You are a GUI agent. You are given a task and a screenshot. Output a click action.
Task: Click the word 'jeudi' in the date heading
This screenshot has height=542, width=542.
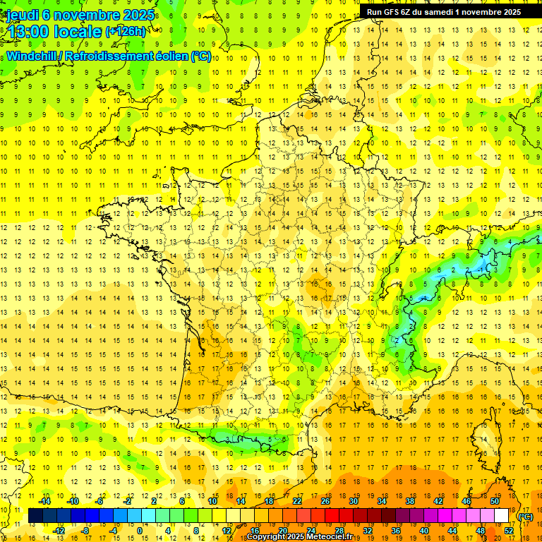point(23,15)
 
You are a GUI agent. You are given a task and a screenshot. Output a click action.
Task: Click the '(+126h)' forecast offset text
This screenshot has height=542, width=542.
point(126,32)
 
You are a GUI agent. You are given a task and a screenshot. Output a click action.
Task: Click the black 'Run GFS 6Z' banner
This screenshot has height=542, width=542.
point(444,11)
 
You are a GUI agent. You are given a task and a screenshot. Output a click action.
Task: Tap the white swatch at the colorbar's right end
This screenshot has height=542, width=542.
point(502,516)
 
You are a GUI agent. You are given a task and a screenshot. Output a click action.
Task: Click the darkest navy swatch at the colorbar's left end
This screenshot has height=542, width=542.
point(35,516)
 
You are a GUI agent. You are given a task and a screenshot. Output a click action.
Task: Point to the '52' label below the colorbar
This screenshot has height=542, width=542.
point(509,531)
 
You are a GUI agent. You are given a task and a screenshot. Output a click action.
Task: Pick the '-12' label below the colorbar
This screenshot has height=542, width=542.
point(59,531)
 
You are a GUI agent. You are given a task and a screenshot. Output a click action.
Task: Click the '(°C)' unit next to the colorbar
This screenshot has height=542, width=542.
point(525,516)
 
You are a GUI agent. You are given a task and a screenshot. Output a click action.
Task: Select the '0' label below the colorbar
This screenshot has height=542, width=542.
point(140,531)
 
